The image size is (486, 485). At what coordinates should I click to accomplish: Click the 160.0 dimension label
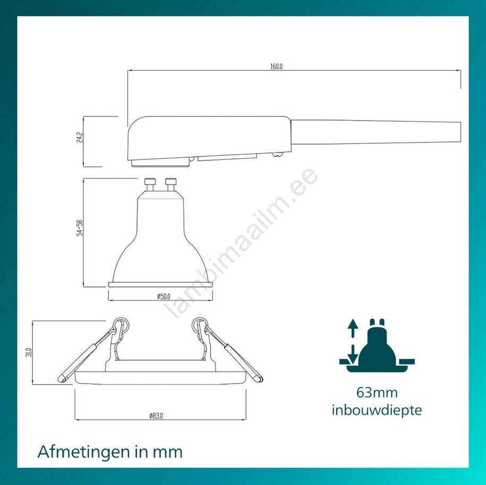point(276,66)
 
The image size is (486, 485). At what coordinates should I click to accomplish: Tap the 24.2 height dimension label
point(80,137)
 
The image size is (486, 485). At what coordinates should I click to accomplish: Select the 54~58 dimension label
point(80,228)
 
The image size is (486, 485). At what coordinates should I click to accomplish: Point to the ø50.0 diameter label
point(164,296)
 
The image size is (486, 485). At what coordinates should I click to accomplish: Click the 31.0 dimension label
point(29,352)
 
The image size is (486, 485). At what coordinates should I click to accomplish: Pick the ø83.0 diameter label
point(156,415)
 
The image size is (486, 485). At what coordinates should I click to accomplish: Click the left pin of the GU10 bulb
point(150,185)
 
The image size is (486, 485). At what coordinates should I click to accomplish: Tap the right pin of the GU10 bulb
point(171,185)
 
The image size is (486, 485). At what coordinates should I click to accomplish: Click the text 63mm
point(377,393)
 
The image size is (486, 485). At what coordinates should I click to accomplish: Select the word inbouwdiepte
point(377,410)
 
